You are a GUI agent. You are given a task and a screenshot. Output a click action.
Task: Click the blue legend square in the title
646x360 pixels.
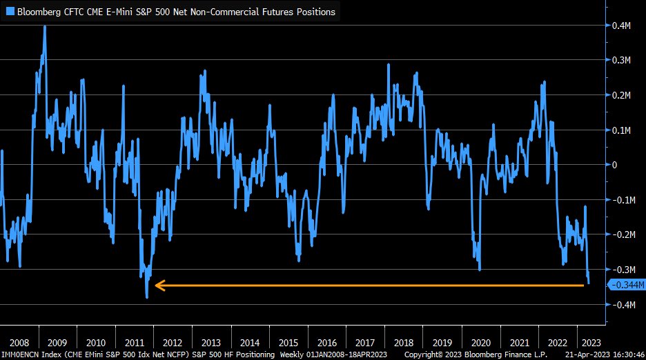[x=10, y=12]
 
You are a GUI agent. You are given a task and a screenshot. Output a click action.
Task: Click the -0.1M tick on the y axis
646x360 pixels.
[x=625, y=200]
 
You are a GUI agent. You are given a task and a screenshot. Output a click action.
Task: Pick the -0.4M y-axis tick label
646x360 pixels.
[x=625, y=305]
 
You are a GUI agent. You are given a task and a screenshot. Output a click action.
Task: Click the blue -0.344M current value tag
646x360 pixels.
[x=627, y=285]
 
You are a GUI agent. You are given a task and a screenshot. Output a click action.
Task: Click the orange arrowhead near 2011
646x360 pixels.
[x=158, y=285]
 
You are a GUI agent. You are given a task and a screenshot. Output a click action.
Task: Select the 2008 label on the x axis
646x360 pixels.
[x=20, y=343]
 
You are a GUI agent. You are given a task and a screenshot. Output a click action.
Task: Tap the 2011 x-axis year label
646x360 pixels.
[x=136, y=343]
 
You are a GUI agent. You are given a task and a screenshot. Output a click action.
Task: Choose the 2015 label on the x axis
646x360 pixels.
[x=289, y=343]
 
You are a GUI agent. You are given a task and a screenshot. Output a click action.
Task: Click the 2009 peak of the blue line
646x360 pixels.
[x=45, y=27]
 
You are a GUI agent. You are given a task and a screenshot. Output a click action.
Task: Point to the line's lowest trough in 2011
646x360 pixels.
[x=147, y=297]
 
